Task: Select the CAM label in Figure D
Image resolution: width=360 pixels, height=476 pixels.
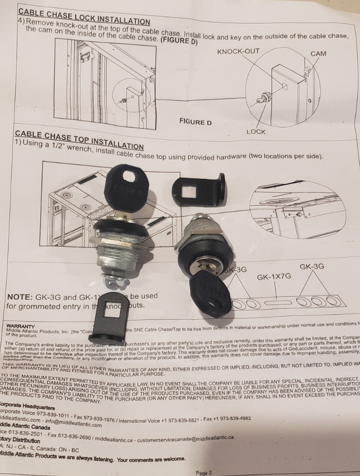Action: [318, 54]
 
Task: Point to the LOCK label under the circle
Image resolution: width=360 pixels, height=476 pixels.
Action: [256, 131]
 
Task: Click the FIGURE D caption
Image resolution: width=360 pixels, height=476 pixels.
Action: [195, 122]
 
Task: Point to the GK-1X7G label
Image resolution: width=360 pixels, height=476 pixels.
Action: [273, 277]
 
